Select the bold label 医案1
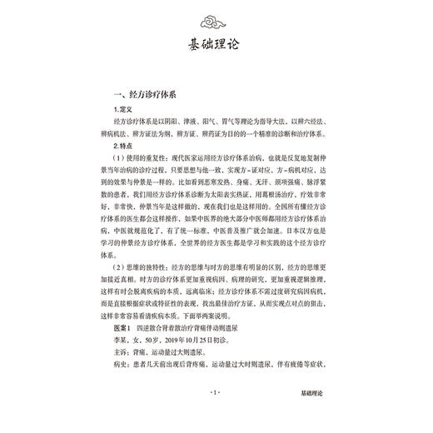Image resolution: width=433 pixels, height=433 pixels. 127,359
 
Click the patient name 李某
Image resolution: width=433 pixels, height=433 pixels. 122,372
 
